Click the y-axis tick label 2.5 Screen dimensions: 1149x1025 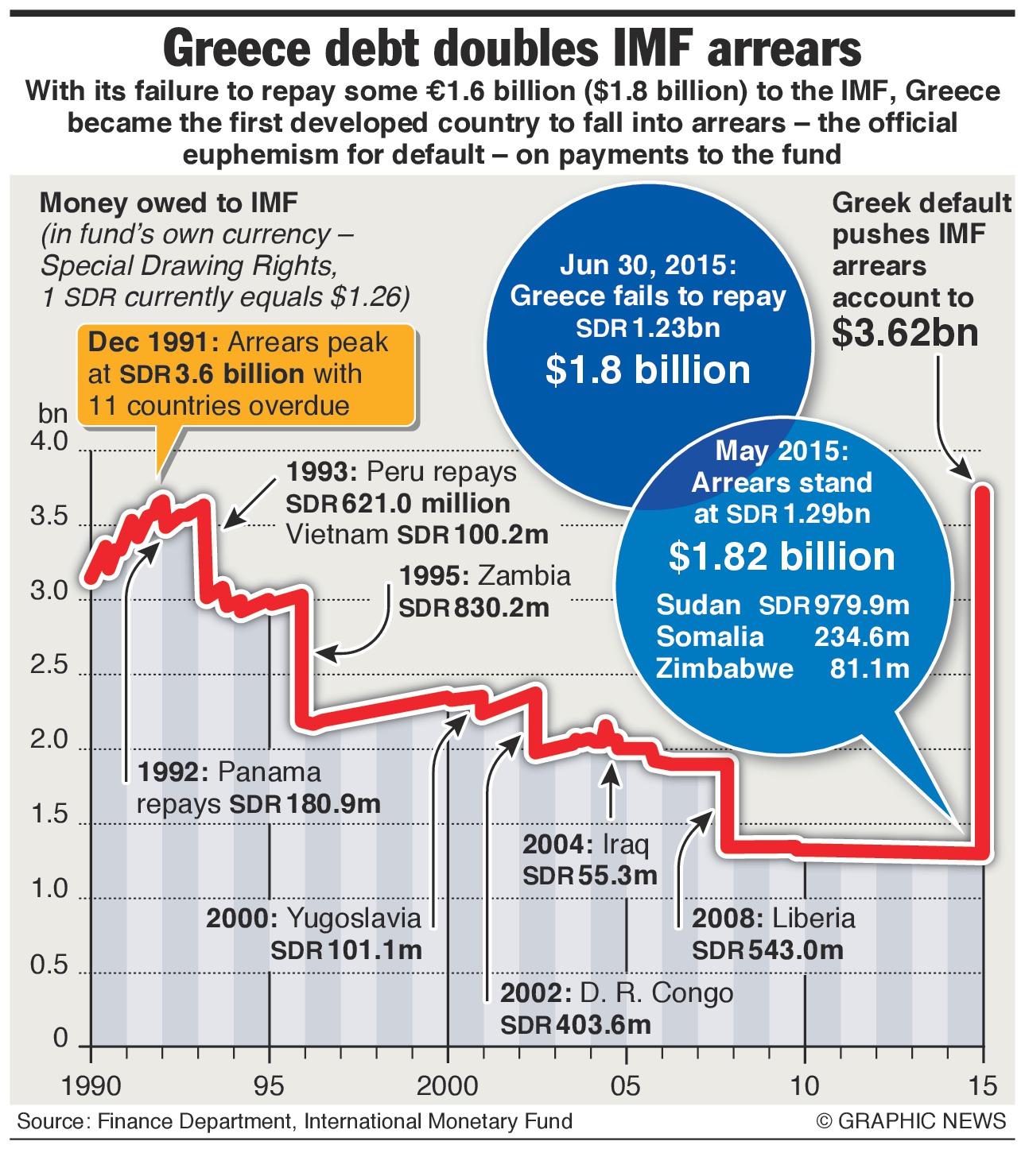pos(49,665)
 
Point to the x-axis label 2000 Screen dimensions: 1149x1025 pos(448,1085)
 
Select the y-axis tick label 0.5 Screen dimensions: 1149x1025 pos(49,965)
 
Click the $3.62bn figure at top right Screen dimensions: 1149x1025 pos(905,332)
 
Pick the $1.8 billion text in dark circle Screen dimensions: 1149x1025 pos(647,370)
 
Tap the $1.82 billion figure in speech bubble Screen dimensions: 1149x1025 pos(782,556)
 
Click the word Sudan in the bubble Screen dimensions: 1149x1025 pos(698,605)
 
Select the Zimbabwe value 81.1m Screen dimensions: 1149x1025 pos(869,668)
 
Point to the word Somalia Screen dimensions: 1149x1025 pos(709,637)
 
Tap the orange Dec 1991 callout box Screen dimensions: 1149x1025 pos(247,374)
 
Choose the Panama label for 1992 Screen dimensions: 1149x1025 pos(269,772)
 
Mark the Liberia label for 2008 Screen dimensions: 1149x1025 pos(813,919)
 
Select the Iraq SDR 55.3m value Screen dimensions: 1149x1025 pos(590,876)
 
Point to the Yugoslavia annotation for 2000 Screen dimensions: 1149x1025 pos(353,919)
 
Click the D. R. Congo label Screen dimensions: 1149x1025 pos(656,993)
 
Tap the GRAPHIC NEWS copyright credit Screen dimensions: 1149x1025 pos(911,1121)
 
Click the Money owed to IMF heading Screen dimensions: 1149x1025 pos(169,203)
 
